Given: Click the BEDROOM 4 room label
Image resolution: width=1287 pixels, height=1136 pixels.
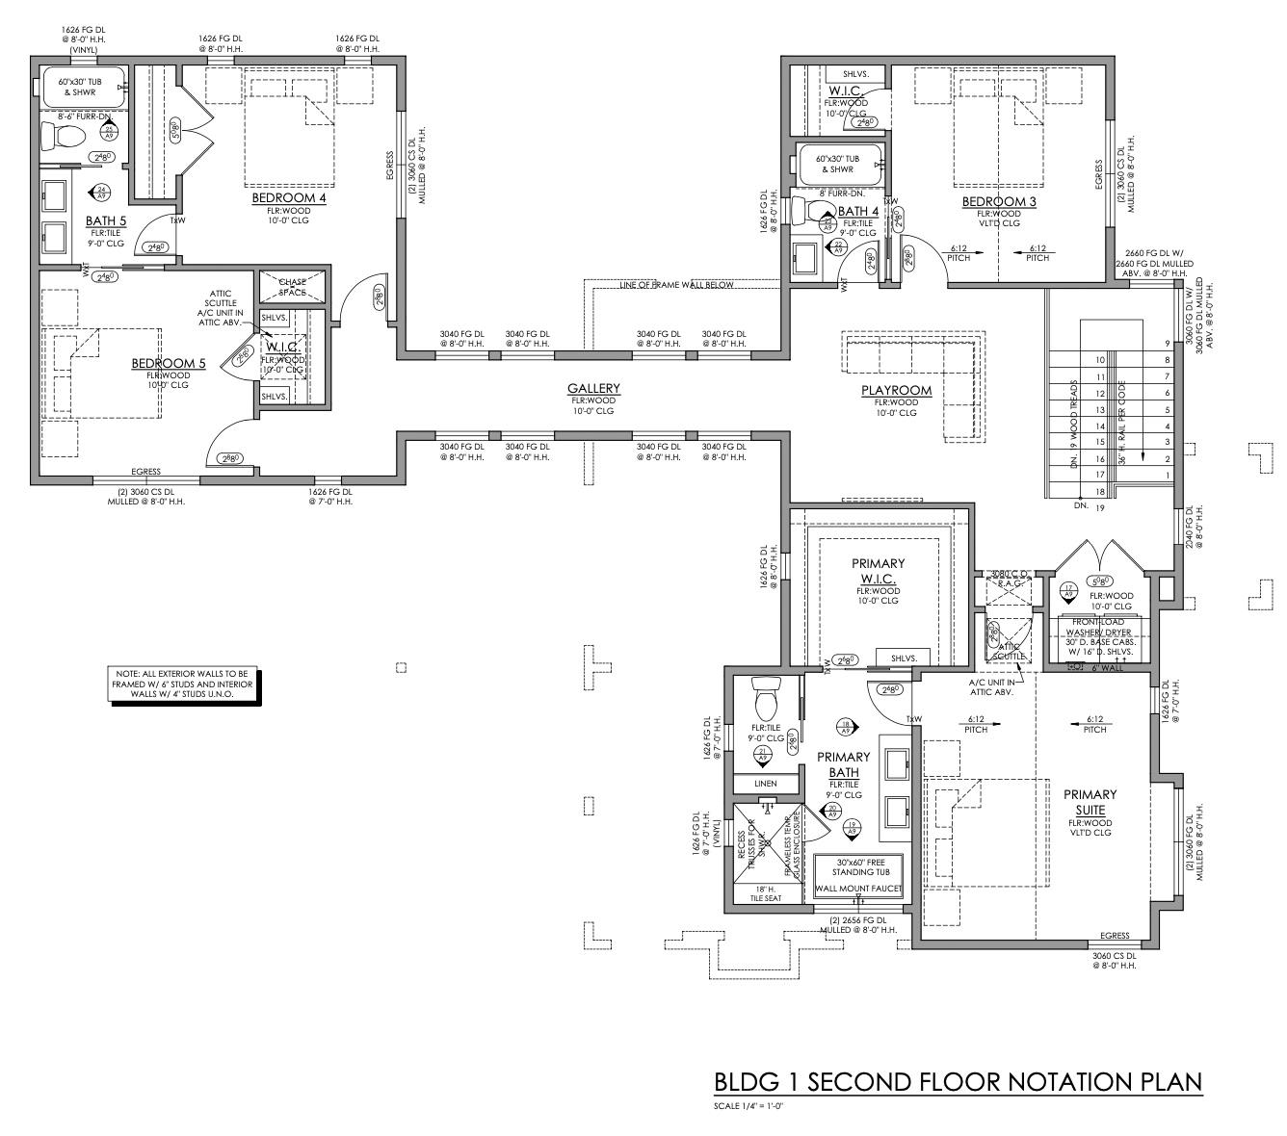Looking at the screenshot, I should click(289, 198).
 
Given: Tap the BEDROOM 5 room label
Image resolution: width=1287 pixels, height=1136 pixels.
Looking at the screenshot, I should click(169, 363).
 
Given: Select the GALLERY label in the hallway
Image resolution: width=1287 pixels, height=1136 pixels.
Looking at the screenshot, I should click(593, 389).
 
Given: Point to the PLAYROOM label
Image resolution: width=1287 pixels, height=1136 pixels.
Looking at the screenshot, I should click(897, 390).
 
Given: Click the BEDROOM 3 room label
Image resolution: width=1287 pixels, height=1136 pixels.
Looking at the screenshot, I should click(999, 201).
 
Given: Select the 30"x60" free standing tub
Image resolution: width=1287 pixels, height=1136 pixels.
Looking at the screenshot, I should click(859, 866).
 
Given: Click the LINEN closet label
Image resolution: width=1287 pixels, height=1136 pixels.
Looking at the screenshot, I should click(766, 784).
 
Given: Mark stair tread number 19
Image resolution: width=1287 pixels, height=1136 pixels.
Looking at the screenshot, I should click(1097, 507).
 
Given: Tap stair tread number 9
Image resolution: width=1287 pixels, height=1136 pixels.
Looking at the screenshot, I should click(1168, 344).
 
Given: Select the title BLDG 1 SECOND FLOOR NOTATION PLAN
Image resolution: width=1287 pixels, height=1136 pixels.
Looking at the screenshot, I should click(958, 1082).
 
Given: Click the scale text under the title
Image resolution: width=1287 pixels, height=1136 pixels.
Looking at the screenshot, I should click(750, 1105).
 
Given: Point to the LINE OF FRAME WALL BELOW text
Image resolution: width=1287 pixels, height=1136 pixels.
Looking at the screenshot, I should click(676, 285).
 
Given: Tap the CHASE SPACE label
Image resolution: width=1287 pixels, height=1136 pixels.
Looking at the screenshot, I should click(293, 287).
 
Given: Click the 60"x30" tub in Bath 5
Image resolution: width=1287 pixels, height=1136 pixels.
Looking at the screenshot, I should click(85, 88).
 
